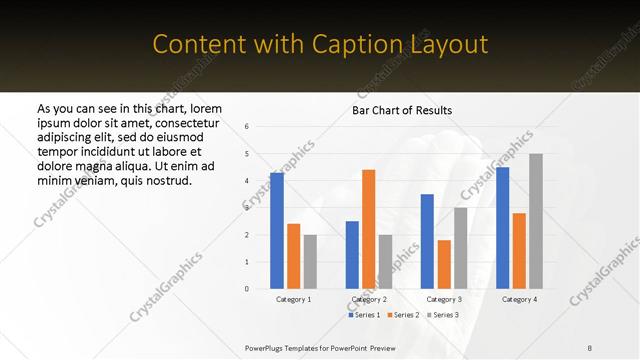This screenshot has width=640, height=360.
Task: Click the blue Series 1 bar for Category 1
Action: click(x=276, y=230)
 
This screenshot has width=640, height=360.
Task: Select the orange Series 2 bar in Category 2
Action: click(x=368, y=229)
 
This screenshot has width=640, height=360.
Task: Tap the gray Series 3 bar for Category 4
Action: click(x=536, y=221)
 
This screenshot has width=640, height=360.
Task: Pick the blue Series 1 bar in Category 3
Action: click(x=427, y=241)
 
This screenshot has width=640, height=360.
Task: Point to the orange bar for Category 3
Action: click(x=444, y=264)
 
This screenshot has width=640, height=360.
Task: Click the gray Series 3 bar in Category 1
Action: click(x=310, y=261)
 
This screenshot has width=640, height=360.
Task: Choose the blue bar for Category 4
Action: click(x=502, y=227)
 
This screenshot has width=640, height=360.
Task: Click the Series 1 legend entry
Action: click(x=364, y=315)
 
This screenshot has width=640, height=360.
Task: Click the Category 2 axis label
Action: click(x=369, y=300)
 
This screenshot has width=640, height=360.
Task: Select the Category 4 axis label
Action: click(x=519, y=300)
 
